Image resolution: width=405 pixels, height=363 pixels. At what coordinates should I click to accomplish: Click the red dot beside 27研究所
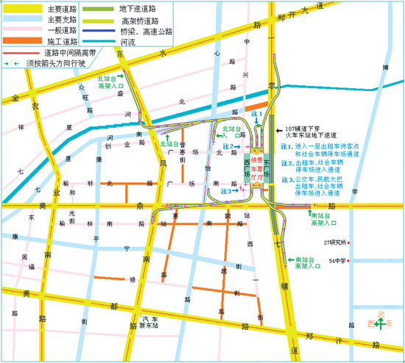click(x=350, y=243)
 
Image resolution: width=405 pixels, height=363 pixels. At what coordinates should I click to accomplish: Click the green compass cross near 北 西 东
click(x=379, y=324)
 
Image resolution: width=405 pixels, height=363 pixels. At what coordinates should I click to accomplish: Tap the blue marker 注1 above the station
click(x=256, y=115)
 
